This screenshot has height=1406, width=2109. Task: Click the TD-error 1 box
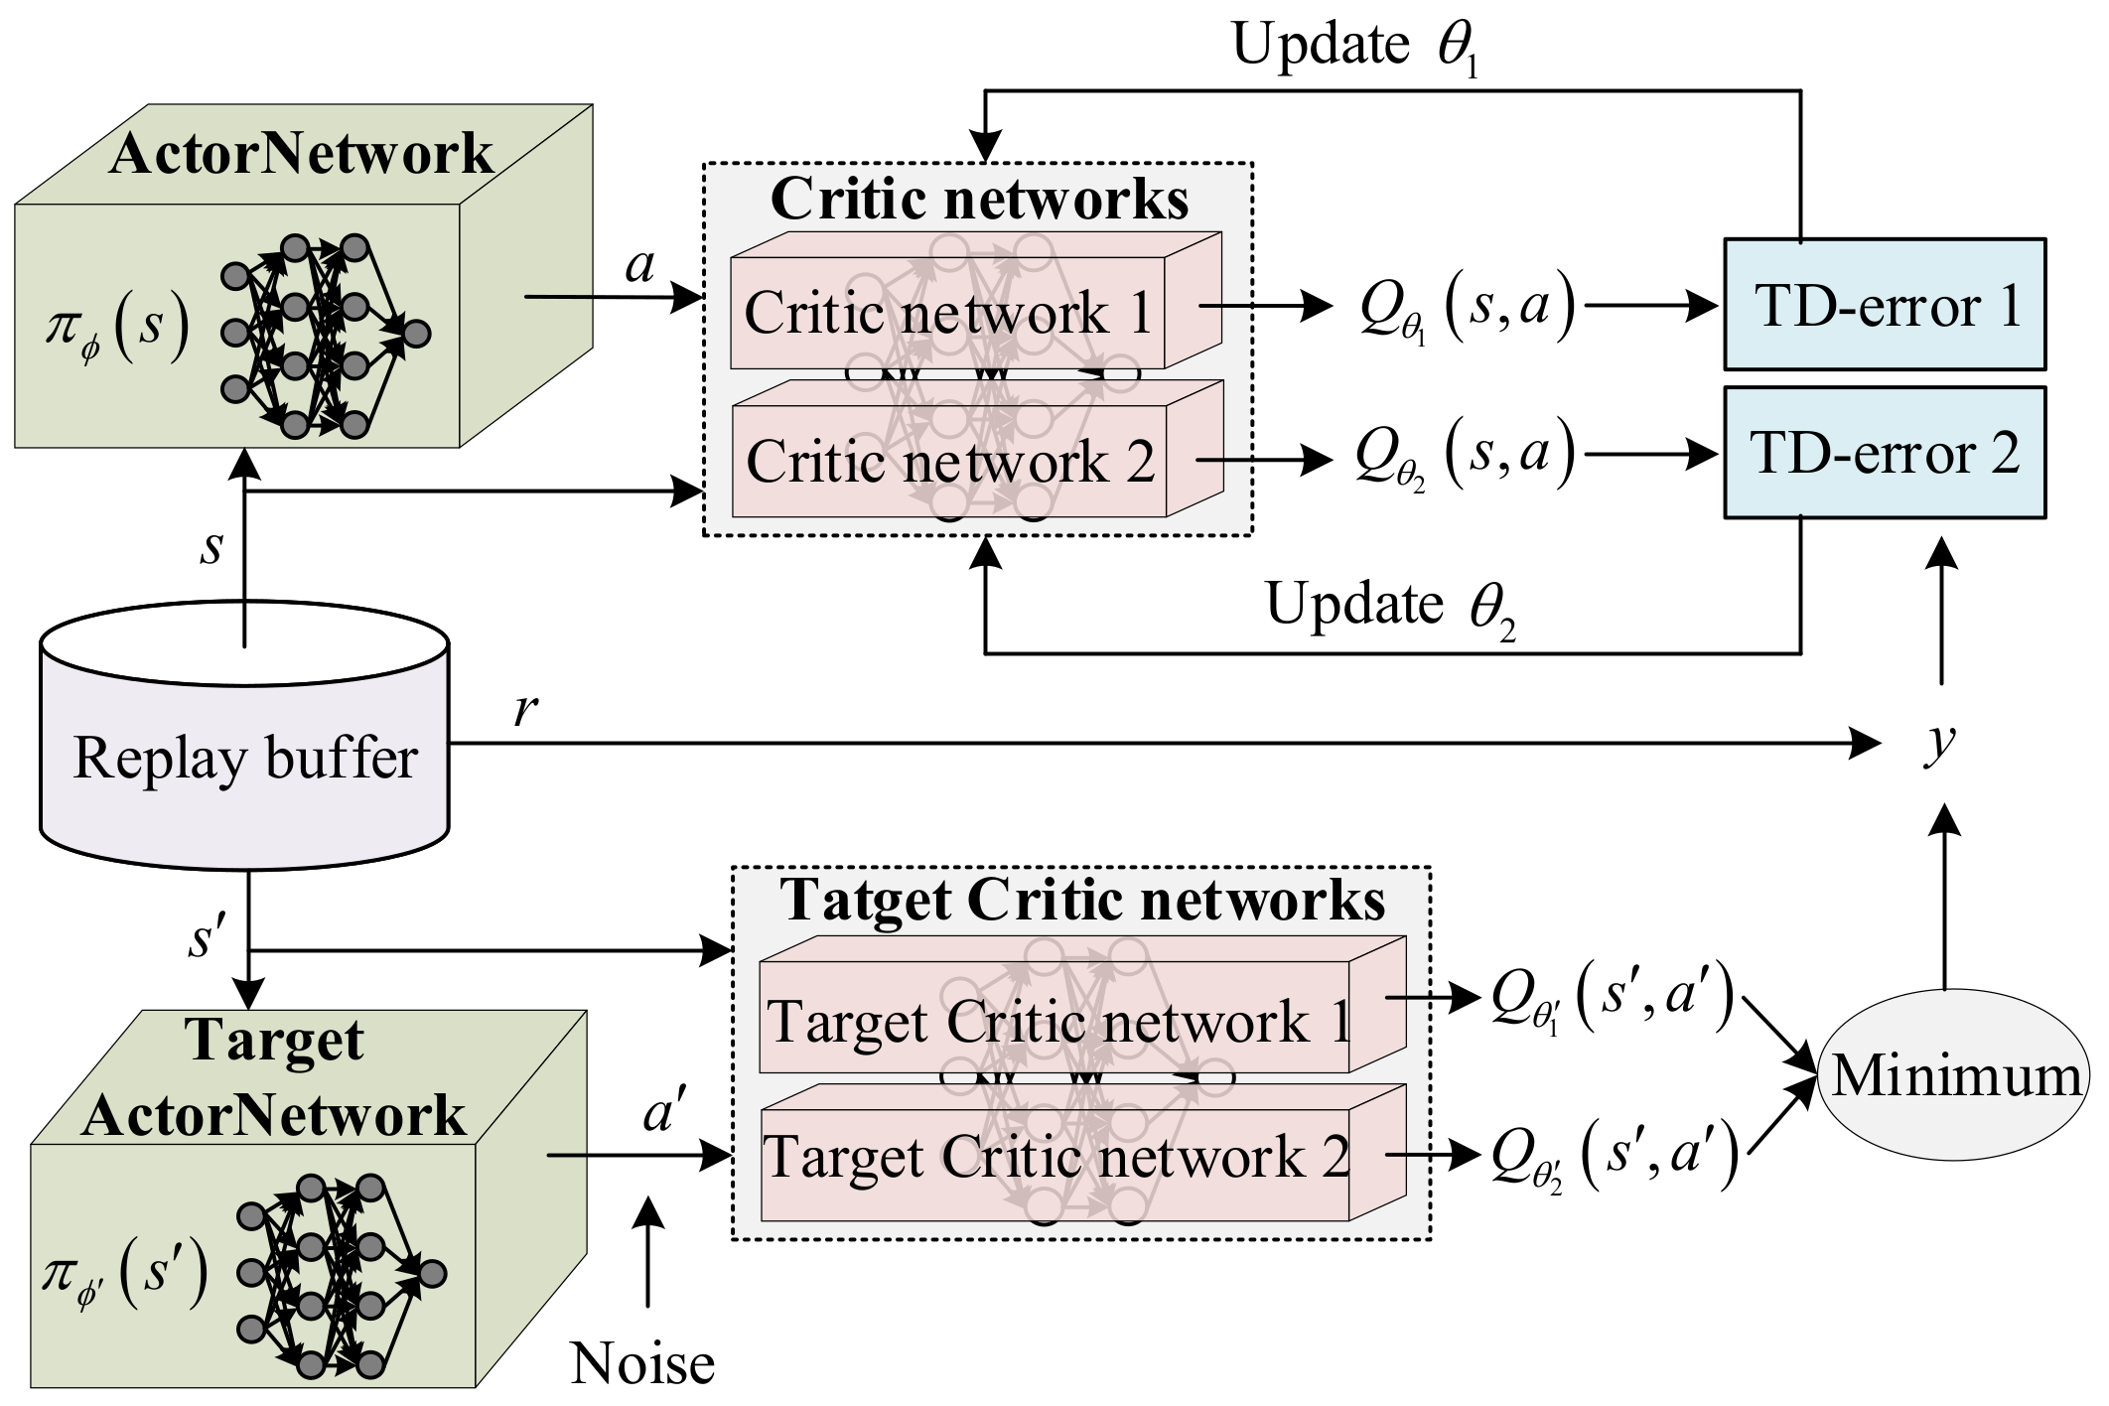click(x=1884, y=305)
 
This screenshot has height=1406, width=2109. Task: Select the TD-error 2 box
click(x=1884, y=453)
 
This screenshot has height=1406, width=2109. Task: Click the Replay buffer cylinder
click(x=244, y=760)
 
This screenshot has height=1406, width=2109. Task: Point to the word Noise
click(x=642, y=1363)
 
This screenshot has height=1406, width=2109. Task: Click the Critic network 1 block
click(x=947, y=314)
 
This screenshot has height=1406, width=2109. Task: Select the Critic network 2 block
click(x=949, y=463)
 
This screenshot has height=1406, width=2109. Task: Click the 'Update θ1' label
click(x=1356, y=47)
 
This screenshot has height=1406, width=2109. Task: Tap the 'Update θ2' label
click(x=1390, y=606)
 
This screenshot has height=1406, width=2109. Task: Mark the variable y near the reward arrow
click(x=1938, y=741)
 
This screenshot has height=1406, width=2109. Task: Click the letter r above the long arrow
click(x=525, y=711)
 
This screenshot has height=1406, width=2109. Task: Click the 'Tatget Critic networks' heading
click(x=1082, y=900)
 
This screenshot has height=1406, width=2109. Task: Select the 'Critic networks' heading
click(x=979, y=199)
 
